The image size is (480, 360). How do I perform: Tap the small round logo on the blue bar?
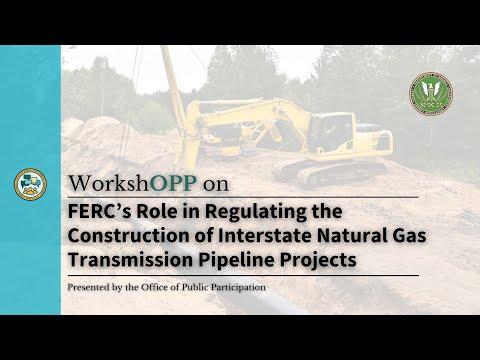[x=29, y=183]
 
